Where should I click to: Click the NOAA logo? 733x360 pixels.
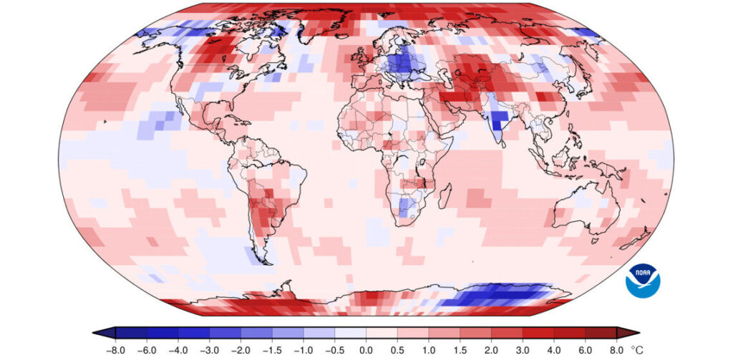coord(643,280)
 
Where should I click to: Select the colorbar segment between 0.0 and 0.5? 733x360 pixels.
coord(382,332)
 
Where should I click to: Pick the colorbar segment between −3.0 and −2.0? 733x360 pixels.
coord(225,332)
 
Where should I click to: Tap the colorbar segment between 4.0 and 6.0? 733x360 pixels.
coord(570,332)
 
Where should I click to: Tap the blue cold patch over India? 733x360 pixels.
coord(497,118)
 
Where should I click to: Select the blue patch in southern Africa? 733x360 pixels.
coord(404,208)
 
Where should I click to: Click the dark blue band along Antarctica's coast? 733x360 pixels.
coord(501,294)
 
